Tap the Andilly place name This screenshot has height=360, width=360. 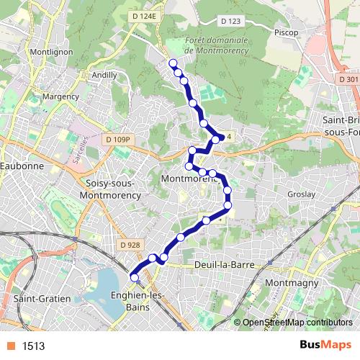click(104, 74)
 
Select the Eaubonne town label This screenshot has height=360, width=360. click(22, 165)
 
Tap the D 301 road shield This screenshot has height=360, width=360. click(348, 79)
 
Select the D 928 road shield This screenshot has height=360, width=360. click(130, 245)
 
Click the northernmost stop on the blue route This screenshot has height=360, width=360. click(173, 63)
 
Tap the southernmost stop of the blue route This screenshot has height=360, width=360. click(134, 277)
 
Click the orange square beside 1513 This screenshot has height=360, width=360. click(10, 346)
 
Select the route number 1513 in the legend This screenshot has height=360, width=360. click(33, 346)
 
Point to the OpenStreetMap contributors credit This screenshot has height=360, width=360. click(297, 323)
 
